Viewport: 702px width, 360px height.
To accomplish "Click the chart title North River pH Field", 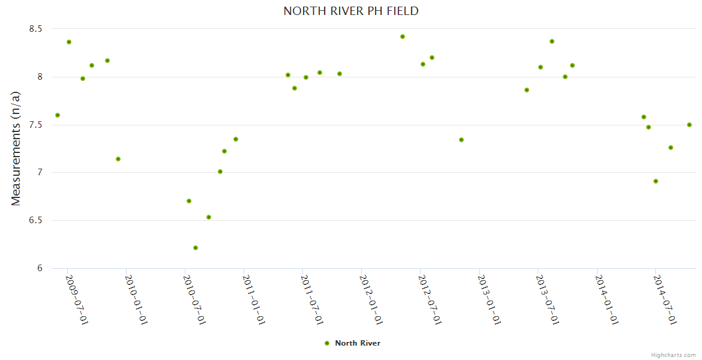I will click(351, 11).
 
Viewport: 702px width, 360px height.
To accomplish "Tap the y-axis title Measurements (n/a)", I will click(16, 148).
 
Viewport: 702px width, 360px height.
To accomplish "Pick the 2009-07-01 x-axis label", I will click(77, 299).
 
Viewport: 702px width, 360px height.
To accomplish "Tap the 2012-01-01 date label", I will click(371, 299).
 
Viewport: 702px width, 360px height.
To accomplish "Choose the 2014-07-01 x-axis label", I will click(665, 299).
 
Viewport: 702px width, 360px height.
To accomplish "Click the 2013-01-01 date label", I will click(488, 299).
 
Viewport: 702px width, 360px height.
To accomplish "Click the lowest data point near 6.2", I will click(196, 248).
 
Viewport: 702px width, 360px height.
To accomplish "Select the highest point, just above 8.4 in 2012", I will click(403, 37).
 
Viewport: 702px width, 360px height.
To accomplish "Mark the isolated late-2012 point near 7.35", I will click(461, 140).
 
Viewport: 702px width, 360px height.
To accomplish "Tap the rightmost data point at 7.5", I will click(689, 125).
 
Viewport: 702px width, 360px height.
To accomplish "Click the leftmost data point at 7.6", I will click(58, 115).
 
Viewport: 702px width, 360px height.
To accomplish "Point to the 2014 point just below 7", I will click(656, 181).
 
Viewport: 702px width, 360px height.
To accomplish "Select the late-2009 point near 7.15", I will click(118, 159).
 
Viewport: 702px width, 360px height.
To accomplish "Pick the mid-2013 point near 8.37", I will click(552, 41).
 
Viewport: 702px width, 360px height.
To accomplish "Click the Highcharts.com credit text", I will click(673, 355).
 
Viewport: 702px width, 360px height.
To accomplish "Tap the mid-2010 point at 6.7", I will click(189, 201).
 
